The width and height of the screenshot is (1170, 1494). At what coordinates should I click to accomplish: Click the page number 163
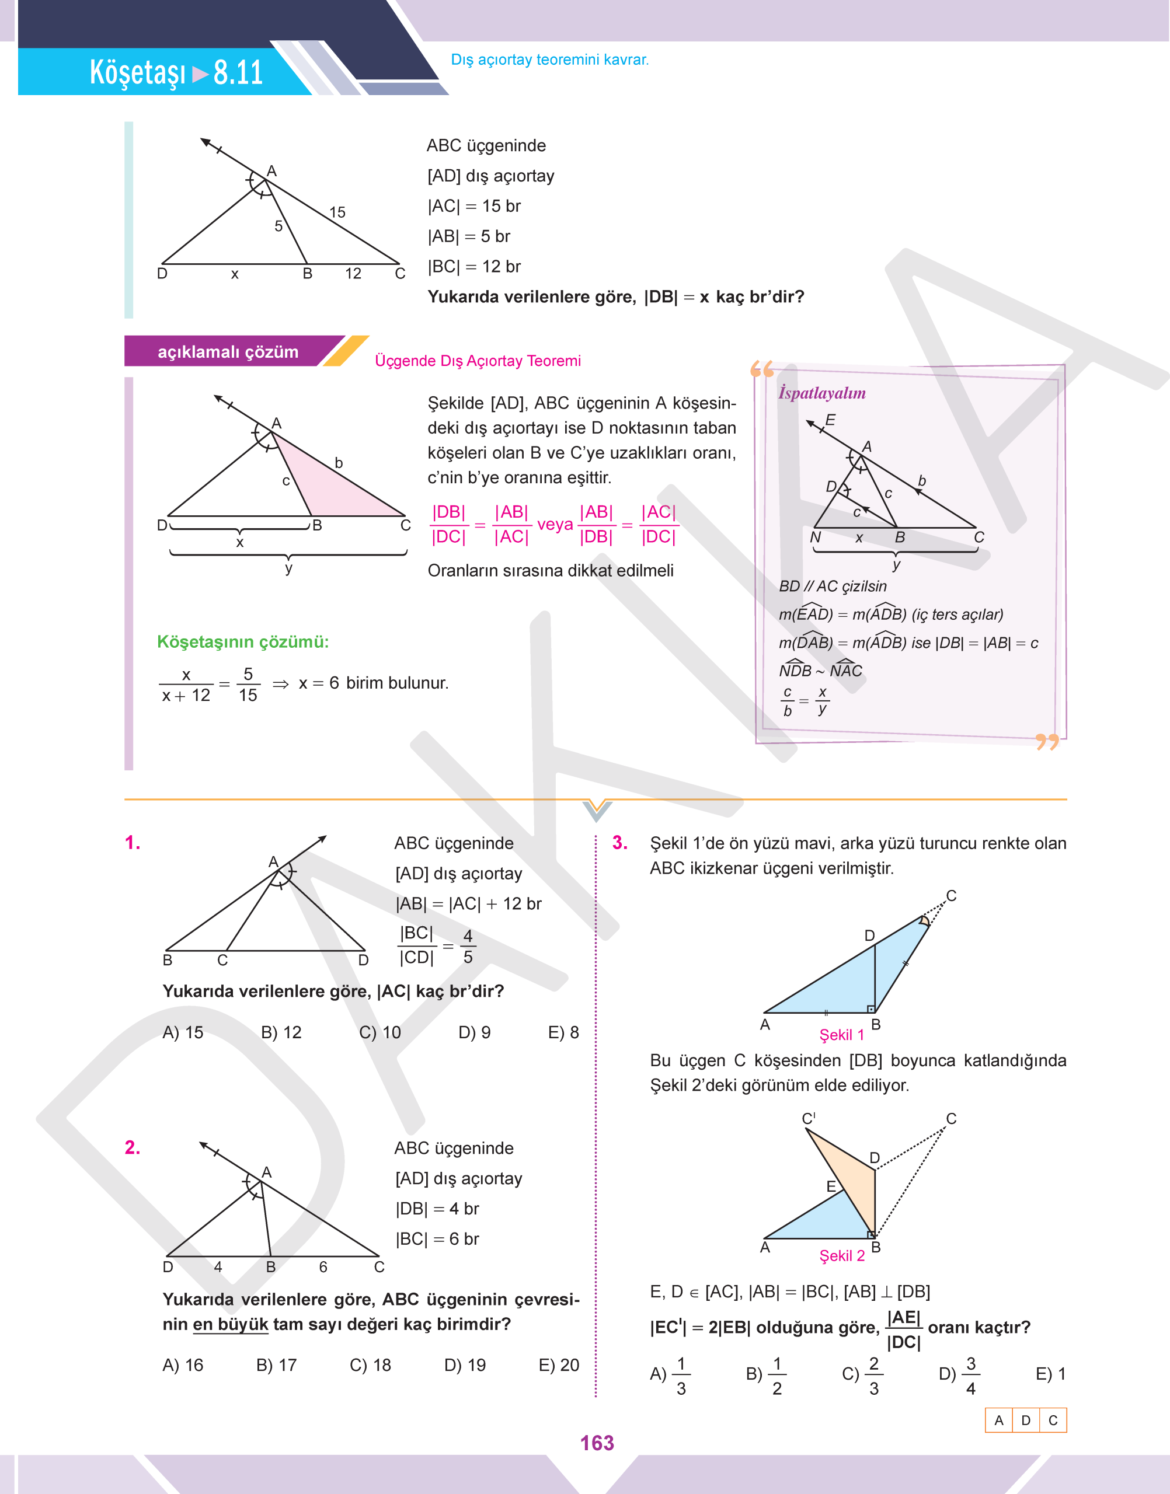tap(597, 1443)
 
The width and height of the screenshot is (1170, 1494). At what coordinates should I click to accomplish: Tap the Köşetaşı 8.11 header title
tap(176, 72)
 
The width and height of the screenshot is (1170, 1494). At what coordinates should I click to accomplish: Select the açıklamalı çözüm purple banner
tap(228, 352)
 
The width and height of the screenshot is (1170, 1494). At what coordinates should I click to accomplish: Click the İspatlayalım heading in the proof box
tap(821, 393)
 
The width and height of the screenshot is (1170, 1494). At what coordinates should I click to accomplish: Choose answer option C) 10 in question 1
tap(379, 1032)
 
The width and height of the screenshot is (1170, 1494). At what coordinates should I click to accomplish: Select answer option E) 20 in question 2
tap(558, 1364)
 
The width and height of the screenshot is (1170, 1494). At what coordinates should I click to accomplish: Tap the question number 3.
tap(619, 843)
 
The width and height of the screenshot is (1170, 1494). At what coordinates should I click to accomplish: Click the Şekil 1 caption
tap(841, 1035)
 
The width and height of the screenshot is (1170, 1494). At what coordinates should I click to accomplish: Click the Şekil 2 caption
tap(841, 1255)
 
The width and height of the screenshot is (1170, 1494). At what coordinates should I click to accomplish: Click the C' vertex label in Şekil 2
tap(808, 1118)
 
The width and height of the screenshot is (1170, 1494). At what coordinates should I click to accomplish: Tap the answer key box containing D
tap(1025, 1420)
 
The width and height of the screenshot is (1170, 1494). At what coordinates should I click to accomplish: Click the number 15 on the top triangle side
tap(337, 212)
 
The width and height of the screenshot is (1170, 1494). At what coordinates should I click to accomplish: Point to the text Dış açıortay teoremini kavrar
tap(549, 60)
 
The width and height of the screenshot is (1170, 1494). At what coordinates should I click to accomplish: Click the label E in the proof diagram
tap(830, 420)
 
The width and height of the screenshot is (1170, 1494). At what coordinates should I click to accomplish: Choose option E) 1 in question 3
tap(1050, 1374)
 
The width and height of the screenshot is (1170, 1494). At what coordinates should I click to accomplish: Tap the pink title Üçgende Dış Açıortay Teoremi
tap(478, 361)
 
